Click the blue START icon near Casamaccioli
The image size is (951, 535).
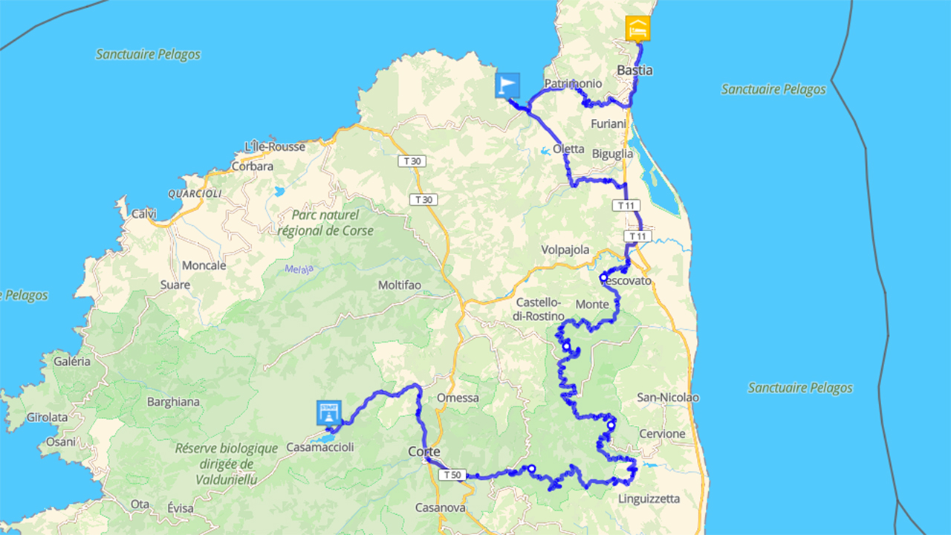click(x=328, y=413)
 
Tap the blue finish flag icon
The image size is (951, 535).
click(x=507, y=85)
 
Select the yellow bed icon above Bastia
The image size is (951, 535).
click(x=637, y=29)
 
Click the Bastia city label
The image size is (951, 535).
click(x=635, y=71)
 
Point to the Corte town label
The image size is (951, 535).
click(x=425, y=452)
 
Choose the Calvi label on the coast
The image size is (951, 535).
click(x=144, y=214)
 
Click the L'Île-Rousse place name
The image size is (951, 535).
click(x=279, y=147)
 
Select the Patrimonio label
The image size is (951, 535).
click(x=573, y=84)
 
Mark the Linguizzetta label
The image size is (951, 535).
click(x=649, y=499)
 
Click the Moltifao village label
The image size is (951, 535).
click(x=400, y=285)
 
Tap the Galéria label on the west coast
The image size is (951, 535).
click(x=72, y=361)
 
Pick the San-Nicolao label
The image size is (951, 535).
click(x=668, y=398)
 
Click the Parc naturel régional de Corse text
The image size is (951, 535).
click(x=325, y=223)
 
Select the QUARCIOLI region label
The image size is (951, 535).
click(x=195, y=193)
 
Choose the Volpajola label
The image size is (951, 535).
click(x=565, y=250)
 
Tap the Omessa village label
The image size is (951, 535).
click(x=458, y=398)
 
